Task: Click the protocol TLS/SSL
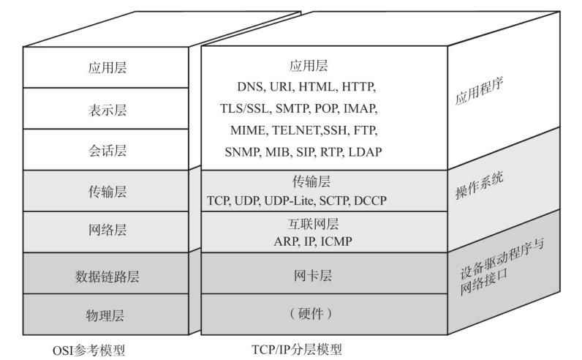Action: (x=246, y=109)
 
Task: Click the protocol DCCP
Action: (x=371, y=200)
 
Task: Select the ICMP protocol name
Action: (x=337, y=241)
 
